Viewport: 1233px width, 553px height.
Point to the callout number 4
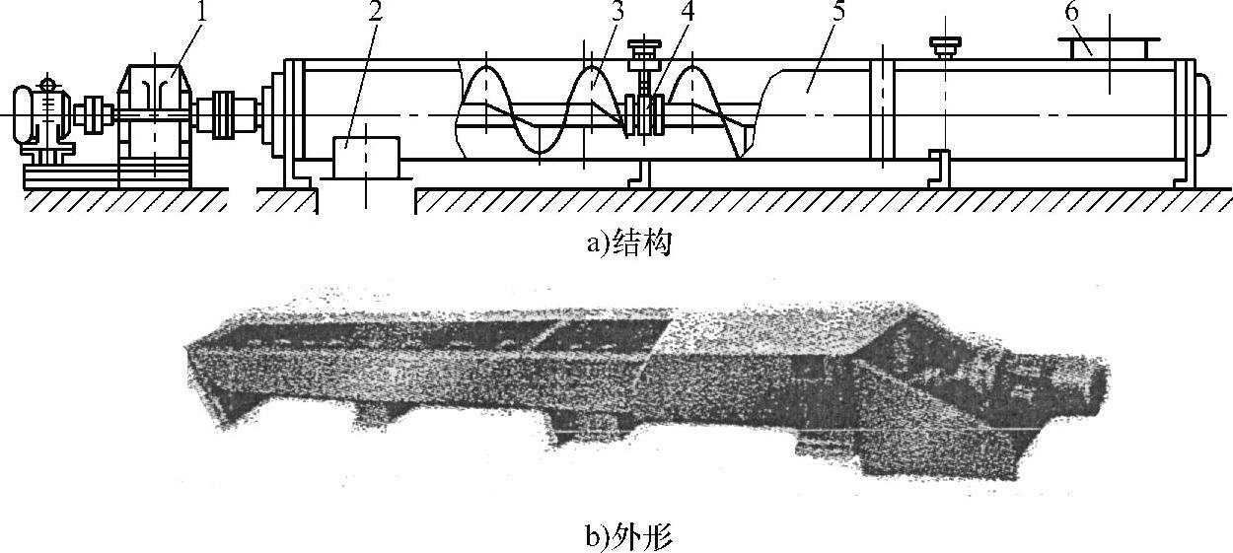pyautogui.click(x=661, y=14)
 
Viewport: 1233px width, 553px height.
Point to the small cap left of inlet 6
pyautogui.click(x=944, y=44)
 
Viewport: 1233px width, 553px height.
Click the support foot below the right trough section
pyautogui.click(x=940, y=166)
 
